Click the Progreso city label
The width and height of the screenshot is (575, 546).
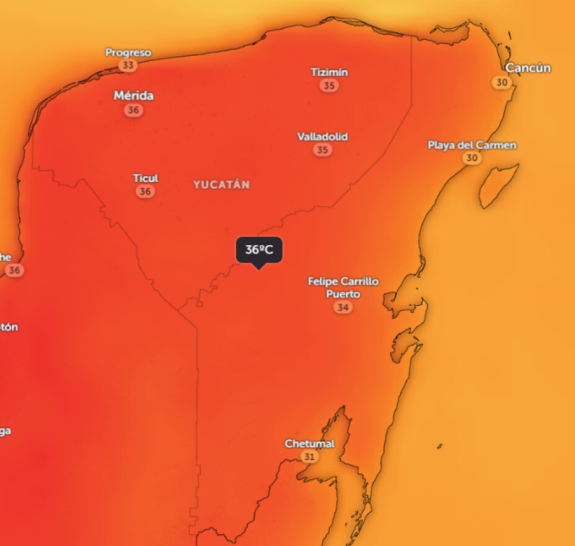click(128, 53)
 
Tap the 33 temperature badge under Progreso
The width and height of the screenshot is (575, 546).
click(128, 65)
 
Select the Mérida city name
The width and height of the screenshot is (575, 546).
click(133, 96)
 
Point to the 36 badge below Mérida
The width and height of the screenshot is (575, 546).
click(133, 110)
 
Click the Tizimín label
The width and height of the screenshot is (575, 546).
click(329, 72)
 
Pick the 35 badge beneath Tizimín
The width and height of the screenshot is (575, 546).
click(330, 85)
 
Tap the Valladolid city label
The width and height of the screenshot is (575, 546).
click(322, 136)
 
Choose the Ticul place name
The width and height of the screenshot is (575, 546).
click(146, 178)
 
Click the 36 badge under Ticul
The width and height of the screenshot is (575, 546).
click(145, 191)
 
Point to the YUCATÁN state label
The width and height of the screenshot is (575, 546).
click(221, 184)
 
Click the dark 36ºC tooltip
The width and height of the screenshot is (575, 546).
click(259, 250)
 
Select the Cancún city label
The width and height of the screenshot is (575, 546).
click(528, 68)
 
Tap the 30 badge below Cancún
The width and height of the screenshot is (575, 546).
click(502, 82)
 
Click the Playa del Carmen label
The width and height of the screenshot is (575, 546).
click(472, 145)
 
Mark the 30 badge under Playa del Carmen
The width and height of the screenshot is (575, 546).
click(472, 158)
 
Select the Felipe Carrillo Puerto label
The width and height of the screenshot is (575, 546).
click(343, 287)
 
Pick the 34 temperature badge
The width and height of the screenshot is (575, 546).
click(343, 307)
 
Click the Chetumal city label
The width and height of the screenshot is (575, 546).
click(309, 443)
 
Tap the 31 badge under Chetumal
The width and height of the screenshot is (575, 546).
click(309, 456)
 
